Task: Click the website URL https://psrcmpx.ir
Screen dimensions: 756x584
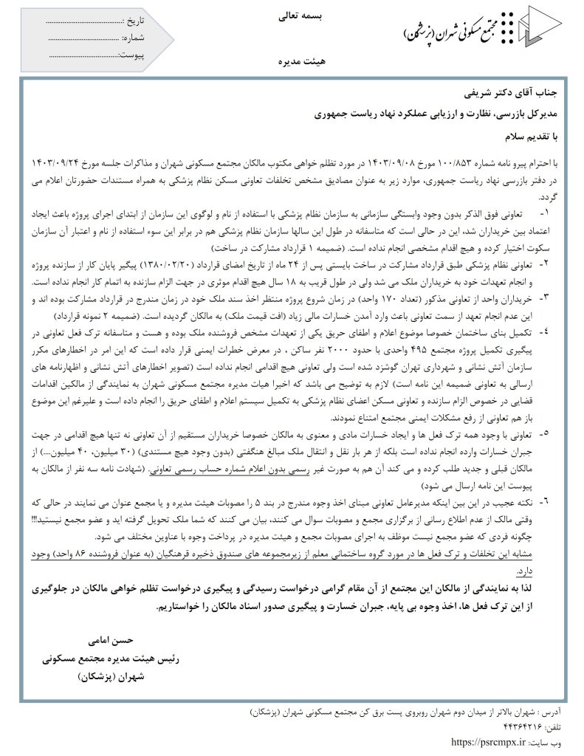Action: tap(489, 741)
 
